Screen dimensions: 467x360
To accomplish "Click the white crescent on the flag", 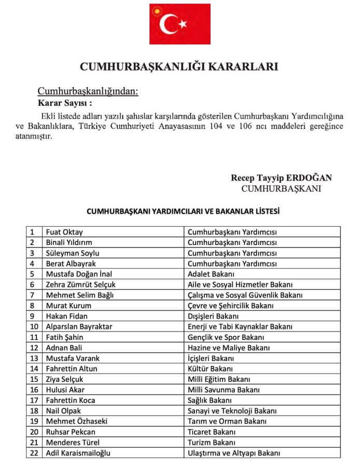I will [x=170, y=24].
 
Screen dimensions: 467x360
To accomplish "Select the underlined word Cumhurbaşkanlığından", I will [x=88, y=91].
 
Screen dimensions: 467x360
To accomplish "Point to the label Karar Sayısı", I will [x=65, y=102].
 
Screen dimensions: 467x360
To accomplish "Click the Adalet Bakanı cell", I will [x=211, y=273].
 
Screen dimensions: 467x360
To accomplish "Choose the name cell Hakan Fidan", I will [x=67, y=315].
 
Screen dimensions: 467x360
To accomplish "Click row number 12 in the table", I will [x=34, y=347].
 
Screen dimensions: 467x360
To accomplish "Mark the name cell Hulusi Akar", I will [x=65, y=389].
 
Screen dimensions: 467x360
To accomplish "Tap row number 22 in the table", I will [x=34, y=452].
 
